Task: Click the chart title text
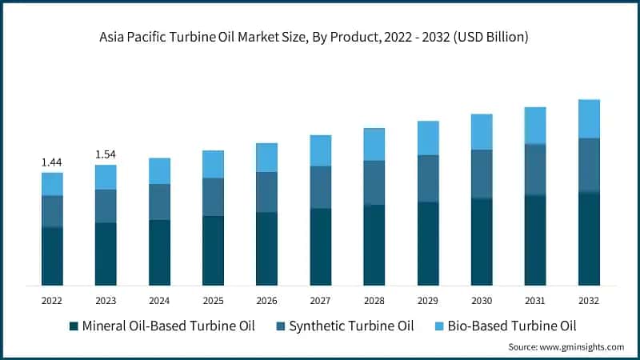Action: click(x=320, y=37)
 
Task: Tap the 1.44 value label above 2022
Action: click(x=52, y=162)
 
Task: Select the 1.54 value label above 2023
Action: click(x=106, y=154)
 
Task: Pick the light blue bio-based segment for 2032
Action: click(x=589, y=118)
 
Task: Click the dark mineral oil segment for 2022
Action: click(x=52, y=256)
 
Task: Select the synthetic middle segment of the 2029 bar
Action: click(x=428, y=178)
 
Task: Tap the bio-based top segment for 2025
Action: click(x=213, y=164)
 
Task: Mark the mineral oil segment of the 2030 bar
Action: click(x=482, y=242)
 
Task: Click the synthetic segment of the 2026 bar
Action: click(x=266, y=192)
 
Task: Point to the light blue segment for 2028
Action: click(x=374, y=144)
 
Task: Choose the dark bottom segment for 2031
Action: click(x=535, y=240)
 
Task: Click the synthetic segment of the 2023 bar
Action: click(x=106, y=206)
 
